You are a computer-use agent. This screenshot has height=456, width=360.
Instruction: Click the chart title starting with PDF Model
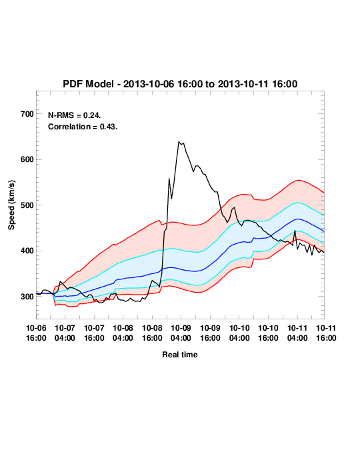180,84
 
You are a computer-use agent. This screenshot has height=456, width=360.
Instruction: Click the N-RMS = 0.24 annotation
74,115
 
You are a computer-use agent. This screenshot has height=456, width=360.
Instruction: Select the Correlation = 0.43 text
83,127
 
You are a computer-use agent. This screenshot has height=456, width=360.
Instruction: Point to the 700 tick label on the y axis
27,114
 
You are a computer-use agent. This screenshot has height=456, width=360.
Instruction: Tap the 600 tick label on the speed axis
27,159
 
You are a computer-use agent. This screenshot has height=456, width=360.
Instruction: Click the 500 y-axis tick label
27,205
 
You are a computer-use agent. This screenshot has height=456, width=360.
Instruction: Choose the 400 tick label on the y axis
27,251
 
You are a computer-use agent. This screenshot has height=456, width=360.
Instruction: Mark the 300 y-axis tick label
27,297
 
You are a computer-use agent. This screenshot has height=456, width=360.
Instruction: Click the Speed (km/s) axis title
11,205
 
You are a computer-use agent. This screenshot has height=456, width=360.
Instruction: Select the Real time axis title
180,355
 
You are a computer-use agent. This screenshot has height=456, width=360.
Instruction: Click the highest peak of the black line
179,141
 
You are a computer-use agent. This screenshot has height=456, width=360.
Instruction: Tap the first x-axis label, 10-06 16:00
36,333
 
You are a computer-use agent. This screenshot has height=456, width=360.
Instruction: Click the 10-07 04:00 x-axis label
65,333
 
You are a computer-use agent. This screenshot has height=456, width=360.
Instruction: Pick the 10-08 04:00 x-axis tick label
123,333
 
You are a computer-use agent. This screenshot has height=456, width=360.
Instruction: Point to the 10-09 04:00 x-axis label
181,333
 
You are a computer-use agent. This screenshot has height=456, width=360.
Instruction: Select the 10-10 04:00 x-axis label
239,333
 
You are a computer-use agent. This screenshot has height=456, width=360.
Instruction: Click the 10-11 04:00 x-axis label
297,333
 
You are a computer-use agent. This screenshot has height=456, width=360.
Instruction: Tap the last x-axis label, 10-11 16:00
326,333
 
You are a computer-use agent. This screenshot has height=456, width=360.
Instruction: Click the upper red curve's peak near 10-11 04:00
299,180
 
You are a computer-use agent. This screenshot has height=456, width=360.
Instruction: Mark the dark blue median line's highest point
297,219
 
